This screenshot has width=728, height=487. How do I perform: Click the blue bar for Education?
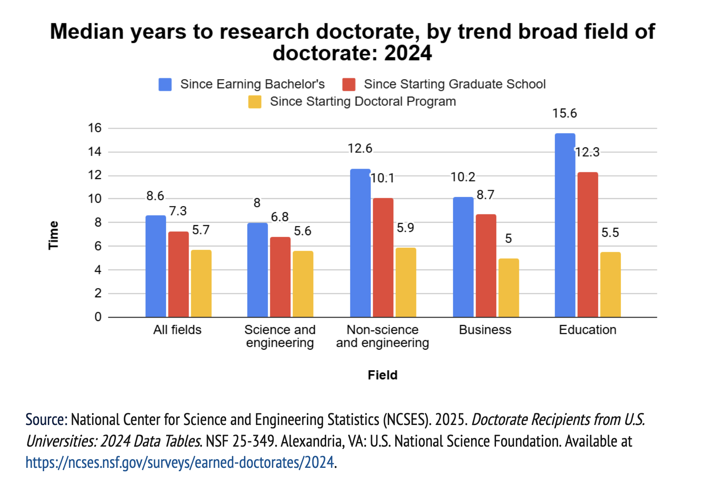565,225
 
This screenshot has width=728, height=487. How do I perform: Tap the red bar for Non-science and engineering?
383,258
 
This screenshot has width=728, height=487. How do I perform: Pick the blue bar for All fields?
155,266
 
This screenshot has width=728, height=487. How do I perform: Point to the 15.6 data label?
564,114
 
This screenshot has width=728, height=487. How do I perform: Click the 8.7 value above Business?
485,195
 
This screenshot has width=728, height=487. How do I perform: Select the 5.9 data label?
405,228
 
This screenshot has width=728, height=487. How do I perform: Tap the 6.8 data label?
279,217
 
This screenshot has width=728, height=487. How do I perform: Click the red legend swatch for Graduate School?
349,84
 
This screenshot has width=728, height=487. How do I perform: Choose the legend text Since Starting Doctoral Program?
363,102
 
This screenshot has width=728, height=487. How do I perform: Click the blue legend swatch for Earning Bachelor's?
165,84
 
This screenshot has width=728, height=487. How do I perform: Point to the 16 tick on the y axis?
95,128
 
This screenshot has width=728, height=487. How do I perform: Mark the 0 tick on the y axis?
98,317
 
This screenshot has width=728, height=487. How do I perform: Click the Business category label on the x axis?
485,330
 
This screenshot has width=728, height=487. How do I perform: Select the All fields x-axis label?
177,330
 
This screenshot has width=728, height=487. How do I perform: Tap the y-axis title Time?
53,235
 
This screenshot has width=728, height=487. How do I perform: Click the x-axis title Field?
382,375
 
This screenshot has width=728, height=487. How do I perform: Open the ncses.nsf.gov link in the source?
180,462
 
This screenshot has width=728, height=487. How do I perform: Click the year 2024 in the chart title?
408,53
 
